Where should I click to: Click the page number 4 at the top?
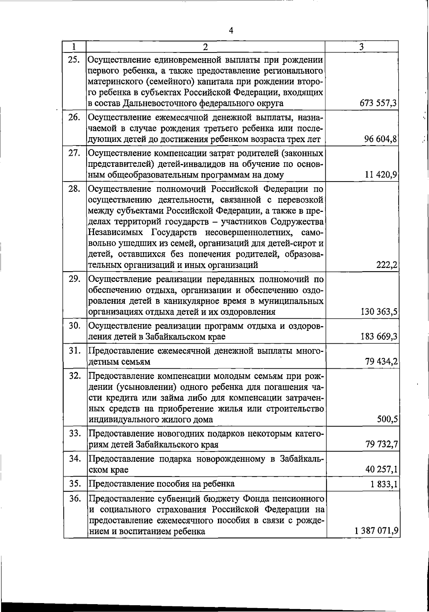coord(231,31)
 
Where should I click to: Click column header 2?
coord(205,47)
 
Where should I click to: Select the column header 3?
coord(362,47)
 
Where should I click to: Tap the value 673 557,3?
coord(379,104)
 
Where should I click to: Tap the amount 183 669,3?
coord(379,337)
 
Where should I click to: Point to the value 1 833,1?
coord(383,484)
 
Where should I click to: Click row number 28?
coord(74,189)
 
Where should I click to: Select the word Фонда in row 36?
coord(256,498)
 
